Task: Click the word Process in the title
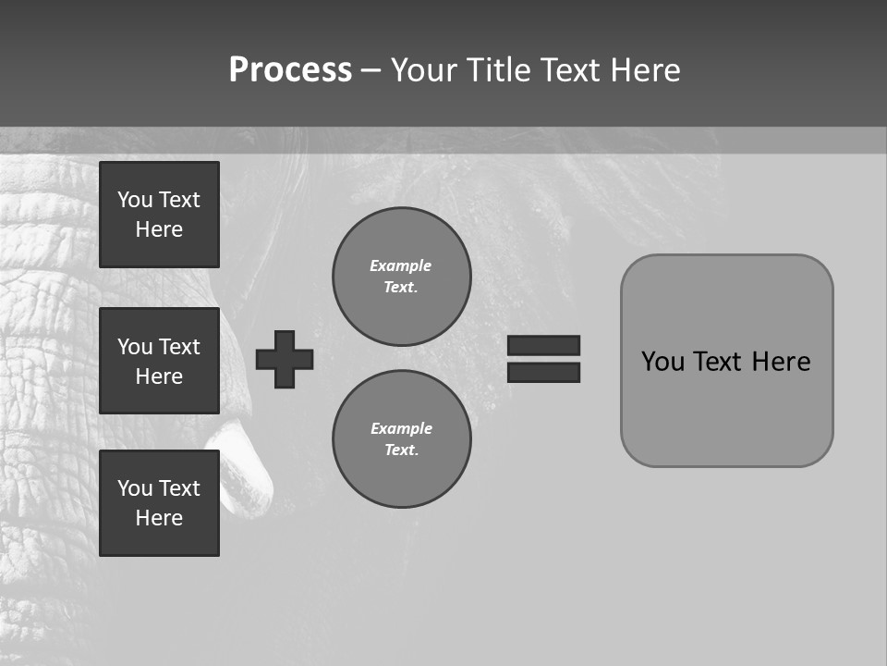click(x=290, y=70)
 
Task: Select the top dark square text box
click(x=159, y=215)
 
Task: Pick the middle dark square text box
click(x=159, y=361)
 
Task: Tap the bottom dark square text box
click(x=159, y=503)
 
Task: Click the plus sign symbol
click(x=285, y=359)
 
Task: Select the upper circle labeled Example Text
click(x=402, y=277)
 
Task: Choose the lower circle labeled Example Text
click(x=402, y=439)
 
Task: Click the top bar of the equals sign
click(x=544, y=345)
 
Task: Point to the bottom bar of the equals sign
click(x=544, y=373)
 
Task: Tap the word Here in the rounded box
click(x=781, y=362)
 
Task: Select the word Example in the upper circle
click(x=400, y=265)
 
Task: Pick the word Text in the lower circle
click(x=401, y=450)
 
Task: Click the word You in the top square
click(x=135, y=200)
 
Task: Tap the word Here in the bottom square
click(x=159, y=518)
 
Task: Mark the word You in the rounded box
click(x=662, y=362)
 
